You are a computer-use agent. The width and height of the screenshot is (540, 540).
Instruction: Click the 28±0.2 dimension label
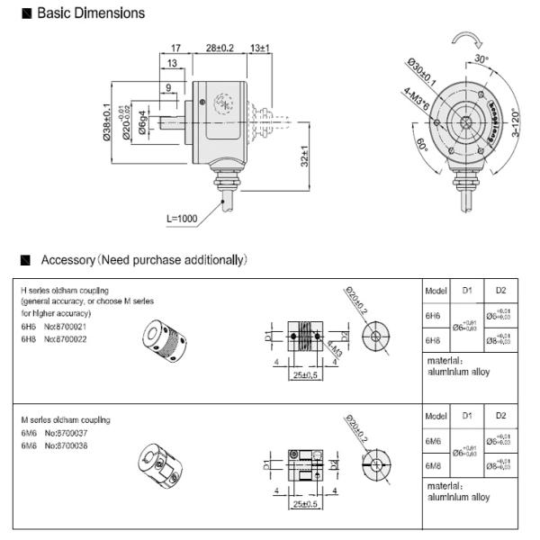click(220, 47)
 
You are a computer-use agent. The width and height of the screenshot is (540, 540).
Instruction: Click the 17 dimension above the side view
click(176, 47)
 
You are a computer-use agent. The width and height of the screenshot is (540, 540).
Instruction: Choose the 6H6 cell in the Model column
click(432, 318)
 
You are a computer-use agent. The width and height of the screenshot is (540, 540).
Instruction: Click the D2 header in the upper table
click(501, 291)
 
